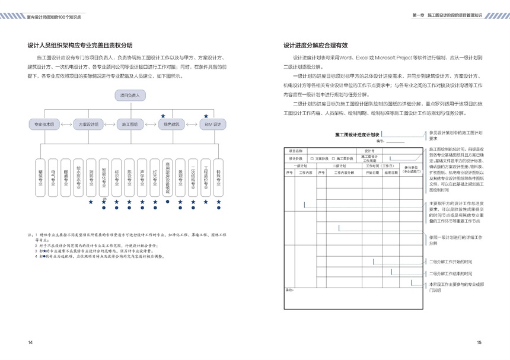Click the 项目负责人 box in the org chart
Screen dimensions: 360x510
(130, 95)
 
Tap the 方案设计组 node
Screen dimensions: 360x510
(88, 125)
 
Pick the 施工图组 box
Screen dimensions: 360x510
(130, 125)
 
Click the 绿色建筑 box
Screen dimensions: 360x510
(171, 125)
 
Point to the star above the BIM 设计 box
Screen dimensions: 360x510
(206, 116)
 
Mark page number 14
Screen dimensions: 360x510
(30, 342)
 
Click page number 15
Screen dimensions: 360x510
(479, 342)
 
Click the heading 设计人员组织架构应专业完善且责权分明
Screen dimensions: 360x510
(80, 45)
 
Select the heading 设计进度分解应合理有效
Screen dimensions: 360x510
(315, 45)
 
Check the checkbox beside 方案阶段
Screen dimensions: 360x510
(312, 159)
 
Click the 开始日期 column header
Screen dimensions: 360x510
(372, 173)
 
